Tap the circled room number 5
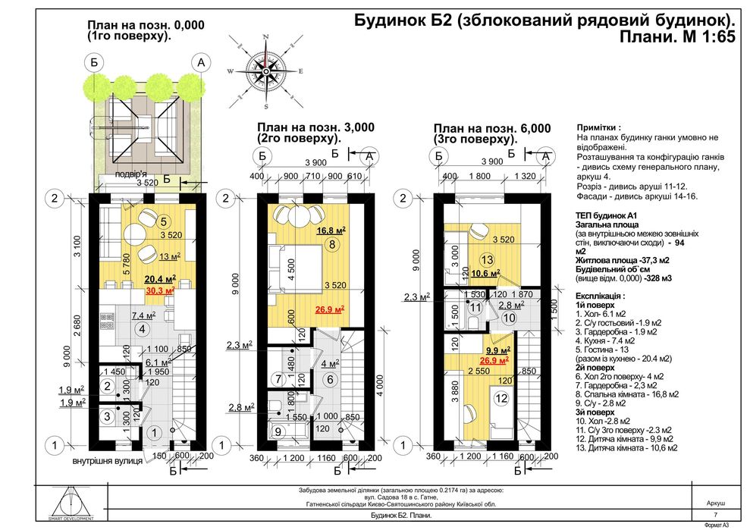(x=162, y=221)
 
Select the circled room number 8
(x=332, y=244)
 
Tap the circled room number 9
(x=278, y=432)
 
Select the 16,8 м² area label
(x=331, y=230)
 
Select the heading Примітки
(x=598, y=128)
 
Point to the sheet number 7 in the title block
(x=715, y=515)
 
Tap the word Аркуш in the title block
(x=715, y=503)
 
